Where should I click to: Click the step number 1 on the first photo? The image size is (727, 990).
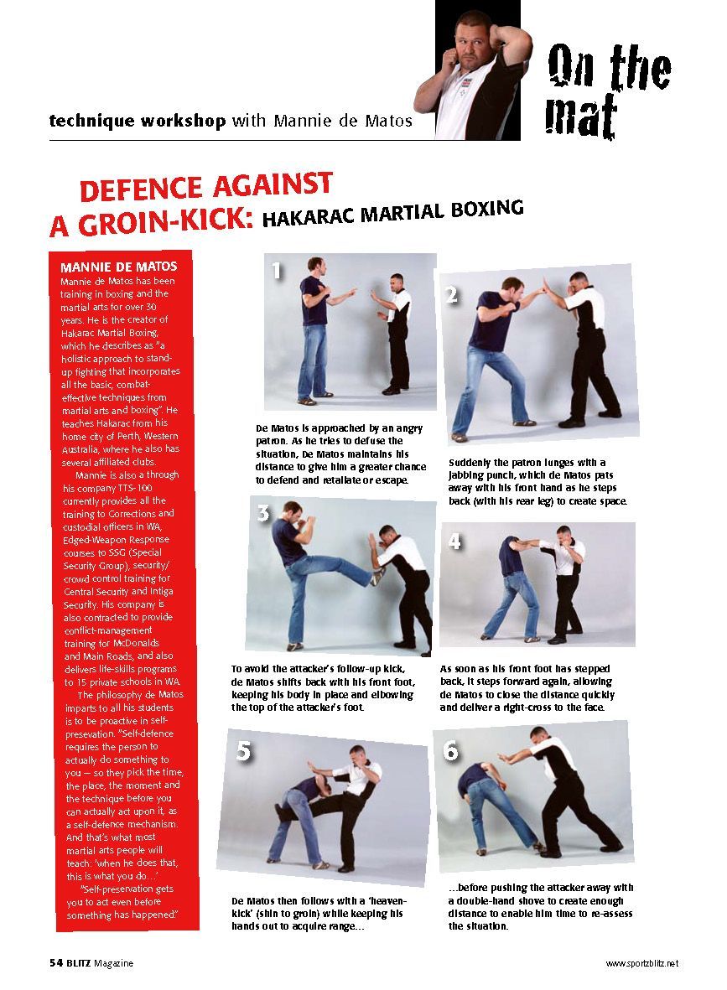point(278,271)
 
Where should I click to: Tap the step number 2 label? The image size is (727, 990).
point(452,295)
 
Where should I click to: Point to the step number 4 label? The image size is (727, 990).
point(454,542)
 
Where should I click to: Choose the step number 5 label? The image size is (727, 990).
point(243,751)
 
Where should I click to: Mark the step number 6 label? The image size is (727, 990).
point(451,751)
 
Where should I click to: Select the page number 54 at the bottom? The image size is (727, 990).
point(55,963)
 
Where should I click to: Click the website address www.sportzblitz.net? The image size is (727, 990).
point(641,964)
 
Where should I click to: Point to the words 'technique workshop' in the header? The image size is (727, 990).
point(138,121)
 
